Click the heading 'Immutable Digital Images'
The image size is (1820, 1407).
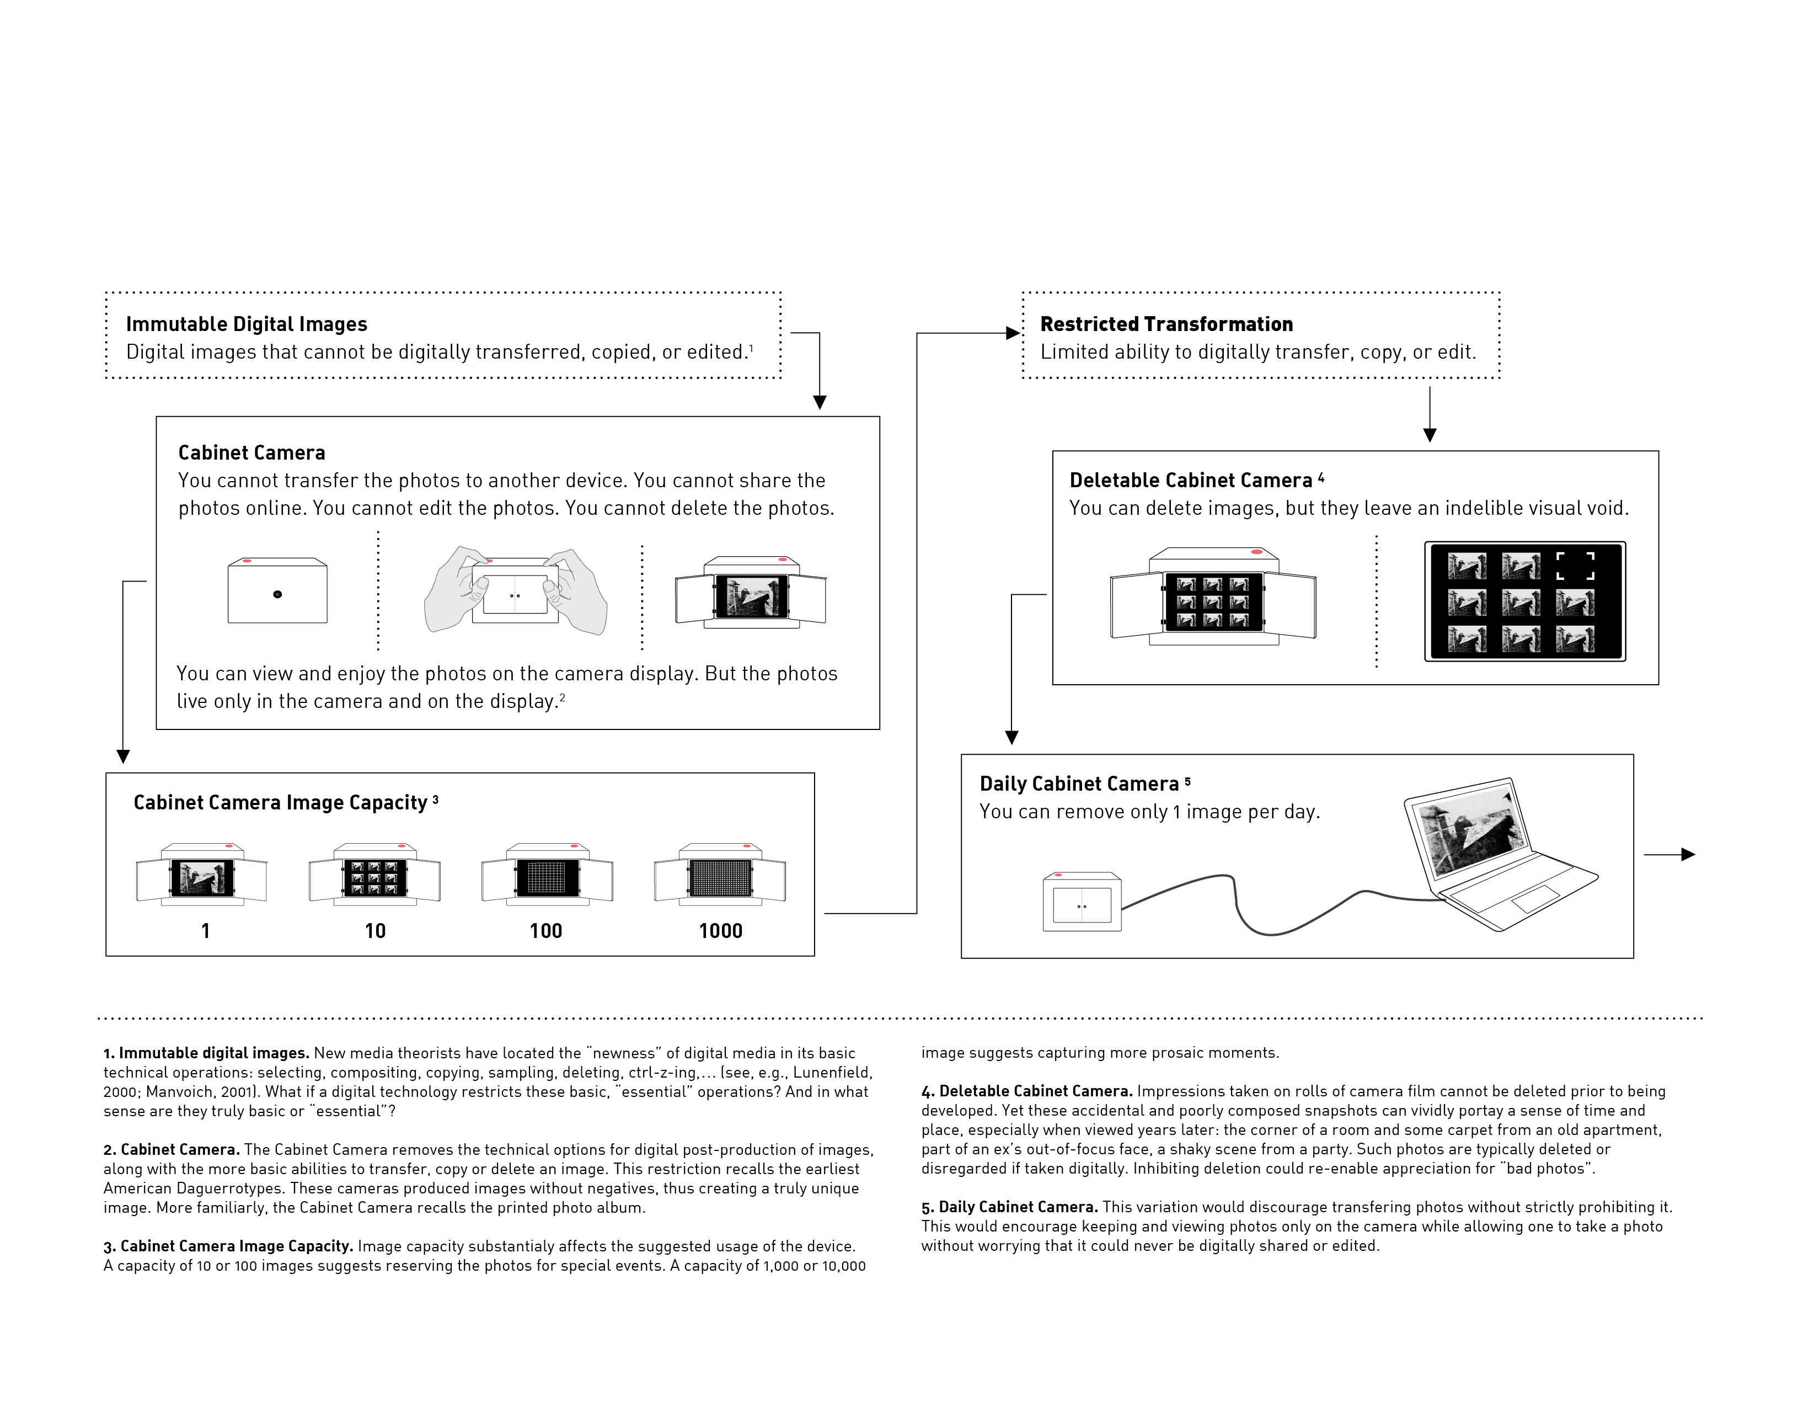click(x=246, y=324)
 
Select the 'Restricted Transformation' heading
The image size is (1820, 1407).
click(x=1166, y=324)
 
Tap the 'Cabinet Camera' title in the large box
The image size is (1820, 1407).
click(x=251, y=452)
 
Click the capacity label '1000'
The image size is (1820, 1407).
click(x=720, y=931)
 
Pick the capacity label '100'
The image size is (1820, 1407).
click(x=546, y=931)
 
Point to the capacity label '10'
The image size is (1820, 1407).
click(x=375, y=931)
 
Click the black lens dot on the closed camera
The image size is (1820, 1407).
click(x=277, y=594)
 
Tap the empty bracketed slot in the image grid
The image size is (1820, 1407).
click(x=1575, y=566)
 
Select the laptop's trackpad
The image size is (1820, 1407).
click(x=1535, y=899)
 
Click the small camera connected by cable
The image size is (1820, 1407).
click(x=1082, y=903)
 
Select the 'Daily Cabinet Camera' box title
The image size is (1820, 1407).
click(x=1079, y=785)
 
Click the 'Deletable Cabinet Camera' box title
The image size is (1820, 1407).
click(x=1191, y=481)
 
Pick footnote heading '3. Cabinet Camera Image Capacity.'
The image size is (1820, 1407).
click(x=228, y=1246)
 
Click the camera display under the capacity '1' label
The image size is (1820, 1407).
click(x=202, y=878)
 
